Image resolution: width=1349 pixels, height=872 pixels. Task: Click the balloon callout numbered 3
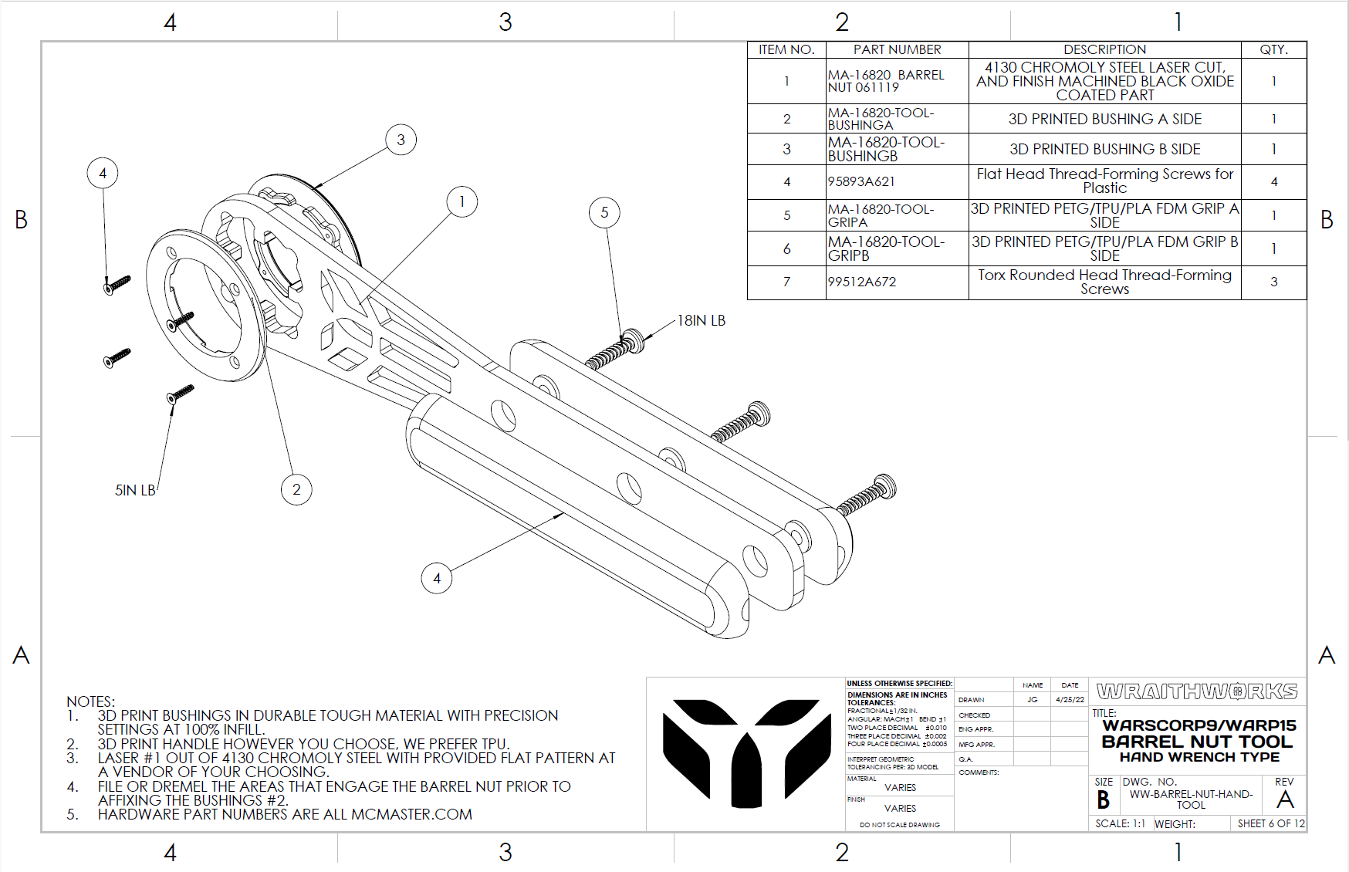tap(401, 140)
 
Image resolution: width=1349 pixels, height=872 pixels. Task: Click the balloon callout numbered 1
tap(461, 202)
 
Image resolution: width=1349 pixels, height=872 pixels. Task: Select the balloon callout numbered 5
tap(604, 212)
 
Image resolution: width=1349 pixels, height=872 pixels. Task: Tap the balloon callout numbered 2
tap(296, 489)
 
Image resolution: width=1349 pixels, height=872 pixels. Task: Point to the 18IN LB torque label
tap(701, 320)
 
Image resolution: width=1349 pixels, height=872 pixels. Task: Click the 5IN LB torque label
tap(135, 490)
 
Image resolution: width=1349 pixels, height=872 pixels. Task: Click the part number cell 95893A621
tap(861, 181)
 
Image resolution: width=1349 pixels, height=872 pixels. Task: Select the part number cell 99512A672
tap(862, 282)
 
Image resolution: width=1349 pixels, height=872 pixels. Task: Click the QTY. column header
tap(1273, 49)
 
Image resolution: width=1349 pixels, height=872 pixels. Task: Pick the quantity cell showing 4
tap(1273, 181)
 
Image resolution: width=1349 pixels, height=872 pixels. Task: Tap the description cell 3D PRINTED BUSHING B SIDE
tap(1104, 149)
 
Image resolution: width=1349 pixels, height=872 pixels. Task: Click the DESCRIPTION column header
tap(1104, 49)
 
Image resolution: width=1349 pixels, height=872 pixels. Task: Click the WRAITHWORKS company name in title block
tap(1197, 691)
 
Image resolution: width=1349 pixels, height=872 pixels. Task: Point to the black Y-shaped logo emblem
tap(745, 752)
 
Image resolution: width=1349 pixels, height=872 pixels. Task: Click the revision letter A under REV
tap(1285, 799)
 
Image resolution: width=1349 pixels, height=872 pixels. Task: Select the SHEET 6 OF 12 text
tap(1270, 823)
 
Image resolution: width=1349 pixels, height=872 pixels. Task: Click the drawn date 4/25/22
tap(1070, 699)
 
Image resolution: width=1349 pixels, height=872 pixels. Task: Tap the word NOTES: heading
tap(90, 701)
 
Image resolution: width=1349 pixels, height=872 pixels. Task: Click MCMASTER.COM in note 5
tap(411, 814)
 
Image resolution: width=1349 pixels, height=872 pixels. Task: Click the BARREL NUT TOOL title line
tap(1196, 742)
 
